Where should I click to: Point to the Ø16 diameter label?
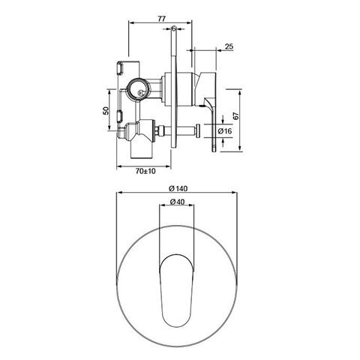[x=225, y=131]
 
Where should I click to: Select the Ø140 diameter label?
[x=178, y=187]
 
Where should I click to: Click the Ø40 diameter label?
[x=178, y=203]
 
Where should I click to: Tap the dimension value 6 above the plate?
[x=174, y=28]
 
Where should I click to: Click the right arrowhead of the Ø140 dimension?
[x=238, y=194]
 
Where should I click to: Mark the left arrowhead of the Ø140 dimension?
[x=120, y=194]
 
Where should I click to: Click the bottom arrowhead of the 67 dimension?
[x=239, y=155]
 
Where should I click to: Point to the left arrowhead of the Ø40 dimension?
[x=162, y=210]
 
